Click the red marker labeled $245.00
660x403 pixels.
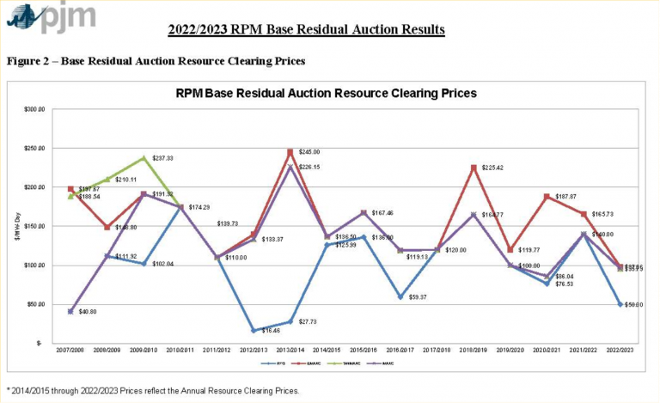[290, 152]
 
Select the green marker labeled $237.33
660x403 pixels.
[144, 158]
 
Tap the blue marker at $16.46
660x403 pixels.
[254, 330]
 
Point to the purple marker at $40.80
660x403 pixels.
[70, 311]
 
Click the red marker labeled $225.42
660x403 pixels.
[473, 168]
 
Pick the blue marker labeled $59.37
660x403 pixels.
[400, 296]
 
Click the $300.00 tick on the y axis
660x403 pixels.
[34, 109]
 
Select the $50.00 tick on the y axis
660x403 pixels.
[36, 304]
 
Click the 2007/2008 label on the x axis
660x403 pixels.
[70, 351]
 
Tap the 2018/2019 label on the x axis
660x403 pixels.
[473, 351]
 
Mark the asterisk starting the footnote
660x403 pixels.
[8, 390]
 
